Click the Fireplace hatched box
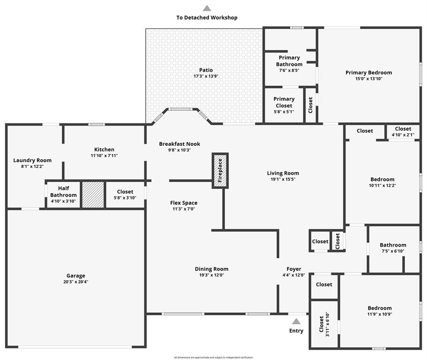pos(220,171)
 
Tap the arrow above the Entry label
pos(296,322)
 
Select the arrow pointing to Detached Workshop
pos(207,8)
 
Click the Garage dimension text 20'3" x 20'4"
pos(75,282)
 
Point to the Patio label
pos(206,70)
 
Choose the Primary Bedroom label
pos(368,73)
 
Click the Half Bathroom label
pos(63,192)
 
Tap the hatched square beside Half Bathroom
pos(93,195)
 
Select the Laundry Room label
pos(32,160)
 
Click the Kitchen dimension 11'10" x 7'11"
pos(104,156)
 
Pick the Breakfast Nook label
pos(180,144)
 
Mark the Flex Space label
pos(183,203)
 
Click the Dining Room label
pos(211,269)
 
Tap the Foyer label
pos(294,269)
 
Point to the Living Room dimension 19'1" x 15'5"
pos(283,179)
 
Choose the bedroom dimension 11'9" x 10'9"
pos(379,314)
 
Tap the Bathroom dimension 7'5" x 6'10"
pos(393,251)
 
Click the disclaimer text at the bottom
pos(213,358)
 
